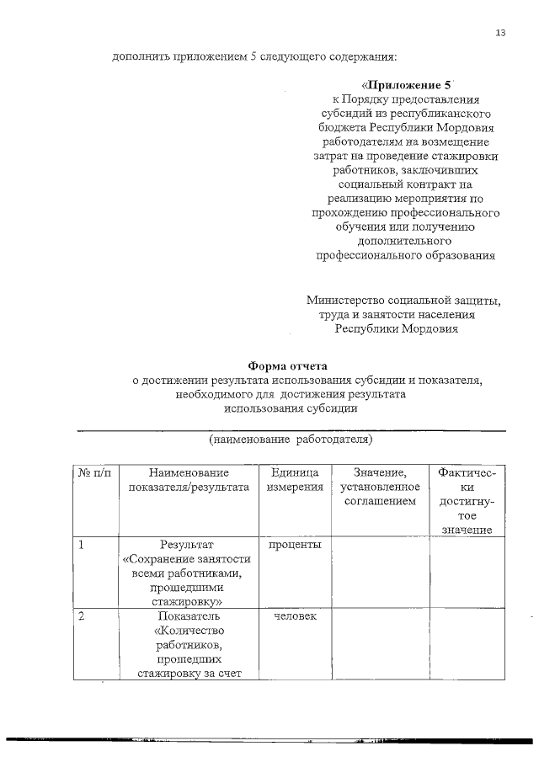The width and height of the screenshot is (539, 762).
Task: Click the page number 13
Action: [x=501, y=33]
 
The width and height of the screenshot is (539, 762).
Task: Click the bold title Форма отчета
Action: [x=286, y=365]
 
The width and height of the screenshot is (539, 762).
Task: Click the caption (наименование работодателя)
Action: [x=291, y=440]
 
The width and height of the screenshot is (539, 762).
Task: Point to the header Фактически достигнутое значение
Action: [x=467, y=501]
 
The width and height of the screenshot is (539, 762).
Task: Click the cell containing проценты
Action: [x=295, y=545]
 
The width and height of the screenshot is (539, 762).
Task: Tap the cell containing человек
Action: [x=295, y=617]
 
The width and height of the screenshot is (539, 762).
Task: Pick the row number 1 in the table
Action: [x=81, y=545]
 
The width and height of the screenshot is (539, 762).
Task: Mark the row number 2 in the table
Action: [x=81, y=617]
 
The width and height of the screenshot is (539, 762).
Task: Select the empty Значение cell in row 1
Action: [x=380, y=572]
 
